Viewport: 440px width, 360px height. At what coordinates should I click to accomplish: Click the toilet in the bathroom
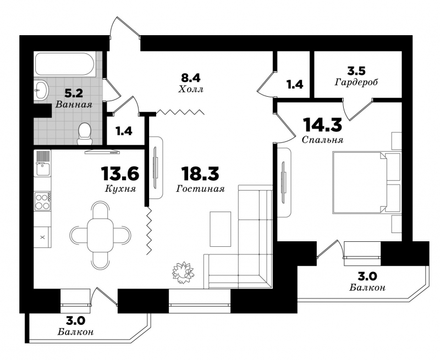pyautogui.click(x=84, y=134)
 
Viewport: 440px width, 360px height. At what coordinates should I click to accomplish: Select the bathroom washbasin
pyautogui.click(x=42, y=90)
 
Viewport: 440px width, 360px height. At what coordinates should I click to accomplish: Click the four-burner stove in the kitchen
pyautogui.click(x=42, y=201)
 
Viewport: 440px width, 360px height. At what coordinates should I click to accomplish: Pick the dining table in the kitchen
pyautogui.click(x=100, y=235)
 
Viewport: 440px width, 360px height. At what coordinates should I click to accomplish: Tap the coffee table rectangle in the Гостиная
pyautogui.click(x=221, y=229)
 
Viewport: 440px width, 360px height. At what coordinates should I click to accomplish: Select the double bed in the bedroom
pyautogui.click(x=366, y=182)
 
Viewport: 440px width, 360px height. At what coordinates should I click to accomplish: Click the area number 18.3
pyautogui.click(x=200, y=173)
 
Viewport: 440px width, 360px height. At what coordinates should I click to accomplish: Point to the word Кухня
pyautogui.click(x=120, y=189)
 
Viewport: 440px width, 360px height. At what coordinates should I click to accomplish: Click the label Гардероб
pyautogui.click(x=356, y=82)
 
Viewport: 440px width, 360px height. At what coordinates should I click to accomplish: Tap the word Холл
pyautogui.click(x=191, y=90)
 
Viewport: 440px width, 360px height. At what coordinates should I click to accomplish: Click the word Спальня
pyautogui.click(x=322, y=140)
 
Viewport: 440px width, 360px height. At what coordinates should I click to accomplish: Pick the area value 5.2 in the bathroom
pyautogui.click(x=74, y=93)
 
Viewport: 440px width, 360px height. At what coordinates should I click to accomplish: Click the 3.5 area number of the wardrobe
pyautogui.click(x=356, y=71)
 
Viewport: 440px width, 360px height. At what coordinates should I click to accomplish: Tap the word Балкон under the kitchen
pyautogui.click(x=76, y=332)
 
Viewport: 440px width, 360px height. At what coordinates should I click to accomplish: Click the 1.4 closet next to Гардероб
pyautogui.click(x=295, y=84)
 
